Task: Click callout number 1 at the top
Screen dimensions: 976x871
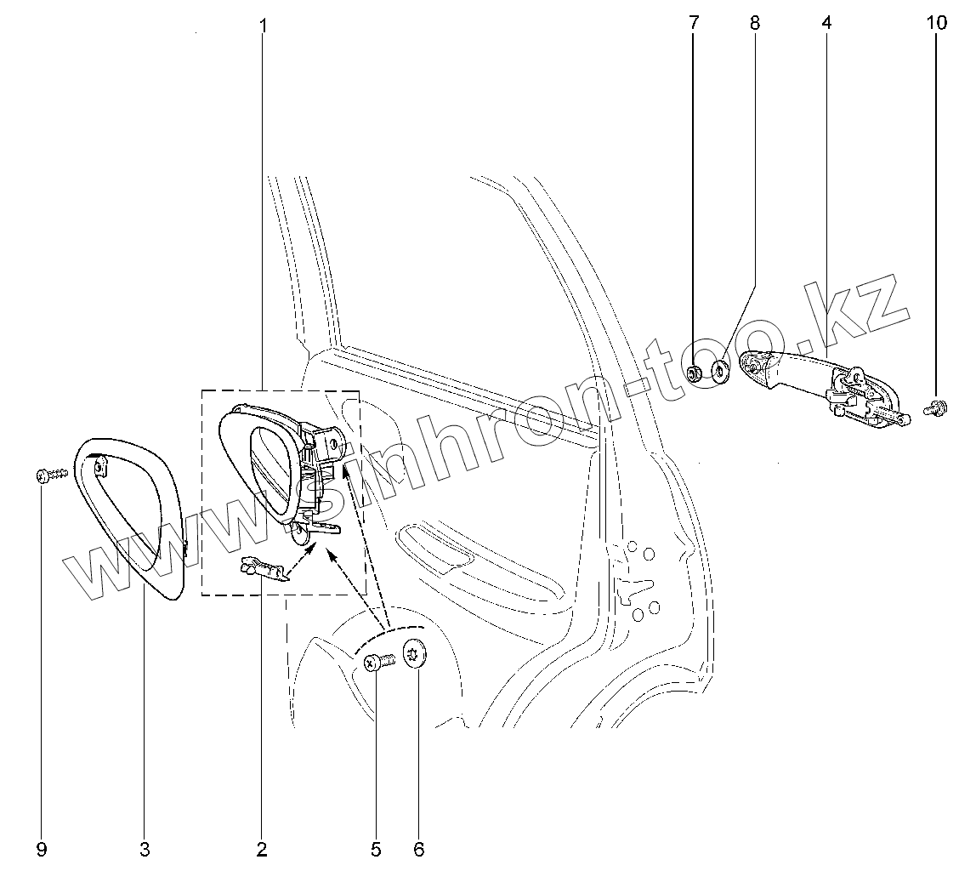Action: click(263, 26)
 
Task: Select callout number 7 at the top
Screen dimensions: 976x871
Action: click(693, 23)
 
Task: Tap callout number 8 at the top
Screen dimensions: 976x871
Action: click(755, 23)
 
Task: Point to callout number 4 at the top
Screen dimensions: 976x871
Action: click(826, 23)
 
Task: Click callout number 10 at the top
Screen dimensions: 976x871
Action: click(935, 23)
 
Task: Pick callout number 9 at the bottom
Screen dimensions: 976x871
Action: click(42, 849)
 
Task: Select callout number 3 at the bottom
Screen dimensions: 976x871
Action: click(145, 849)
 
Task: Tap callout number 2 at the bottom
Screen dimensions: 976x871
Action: click(261, 849)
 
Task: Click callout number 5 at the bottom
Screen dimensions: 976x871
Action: click(376, 849)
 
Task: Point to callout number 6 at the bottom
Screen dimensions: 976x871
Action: click(418, 849)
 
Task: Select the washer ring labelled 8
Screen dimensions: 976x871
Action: click(719, 371)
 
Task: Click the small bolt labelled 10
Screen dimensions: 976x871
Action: click(935, 409)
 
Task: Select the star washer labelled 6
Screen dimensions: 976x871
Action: click(416, 655)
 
